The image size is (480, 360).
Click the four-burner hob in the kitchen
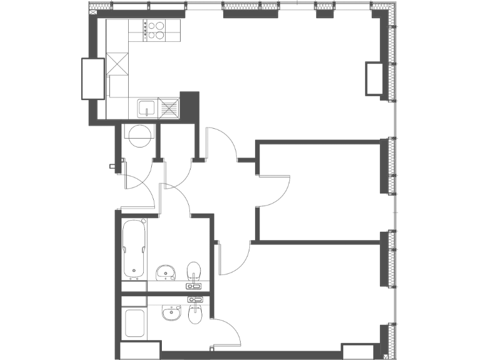(154, 31)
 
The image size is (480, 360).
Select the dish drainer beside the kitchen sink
(168, 108)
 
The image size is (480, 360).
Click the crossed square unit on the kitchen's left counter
(117, 64)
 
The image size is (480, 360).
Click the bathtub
(134, 247)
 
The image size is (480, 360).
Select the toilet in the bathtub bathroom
(194, 272)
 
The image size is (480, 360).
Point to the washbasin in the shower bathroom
(171, 312)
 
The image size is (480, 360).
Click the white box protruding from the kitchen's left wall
(93, 78)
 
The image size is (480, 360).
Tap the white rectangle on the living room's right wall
(374, 79)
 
